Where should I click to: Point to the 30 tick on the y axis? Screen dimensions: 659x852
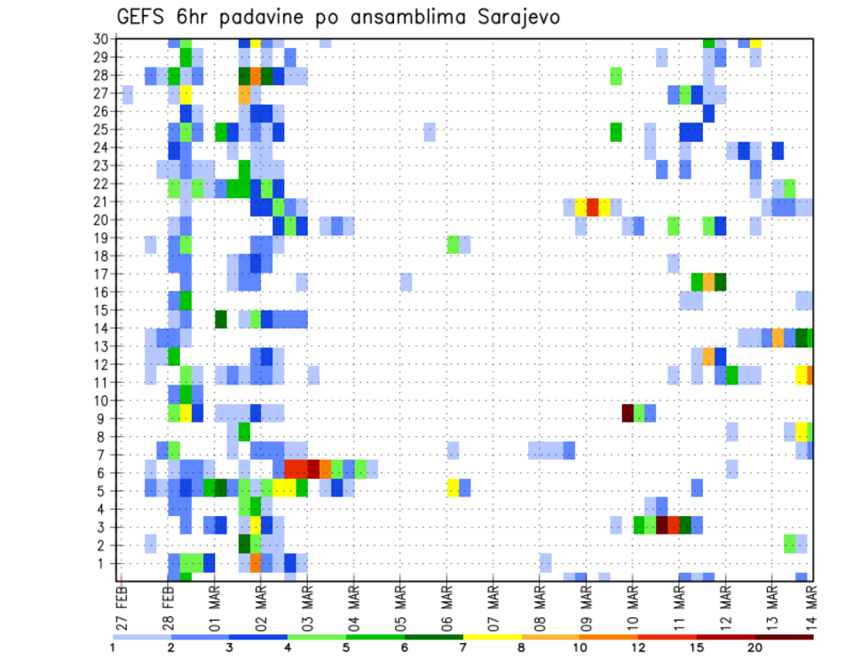tap(103, 39)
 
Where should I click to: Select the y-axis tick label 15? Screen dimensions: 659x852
tap(103, 310)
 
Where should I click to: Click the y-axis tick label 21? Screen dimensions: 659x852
tap(103, 202)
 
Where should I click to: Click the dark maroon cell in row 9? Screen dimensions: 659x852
tap(627, 412)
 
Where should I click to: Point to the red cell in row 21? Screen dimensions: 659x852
tap(593, 206)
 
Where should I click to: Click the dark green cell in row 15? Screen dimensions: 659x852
tap(221, 318)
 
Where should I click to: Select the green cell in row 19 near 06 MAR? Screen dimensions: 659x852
tap(454, 242)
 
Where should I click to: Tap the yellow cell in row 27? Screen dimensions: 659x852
tap(186, 94)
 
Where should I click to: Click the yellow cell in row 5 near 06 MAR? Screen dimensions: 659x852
tap(454, 487)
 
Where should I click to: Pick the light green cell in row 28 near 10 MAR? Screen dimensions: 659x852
tap(616, 75)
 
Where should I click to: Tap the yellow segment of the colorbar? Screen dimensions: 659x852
tap(492, 637)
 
